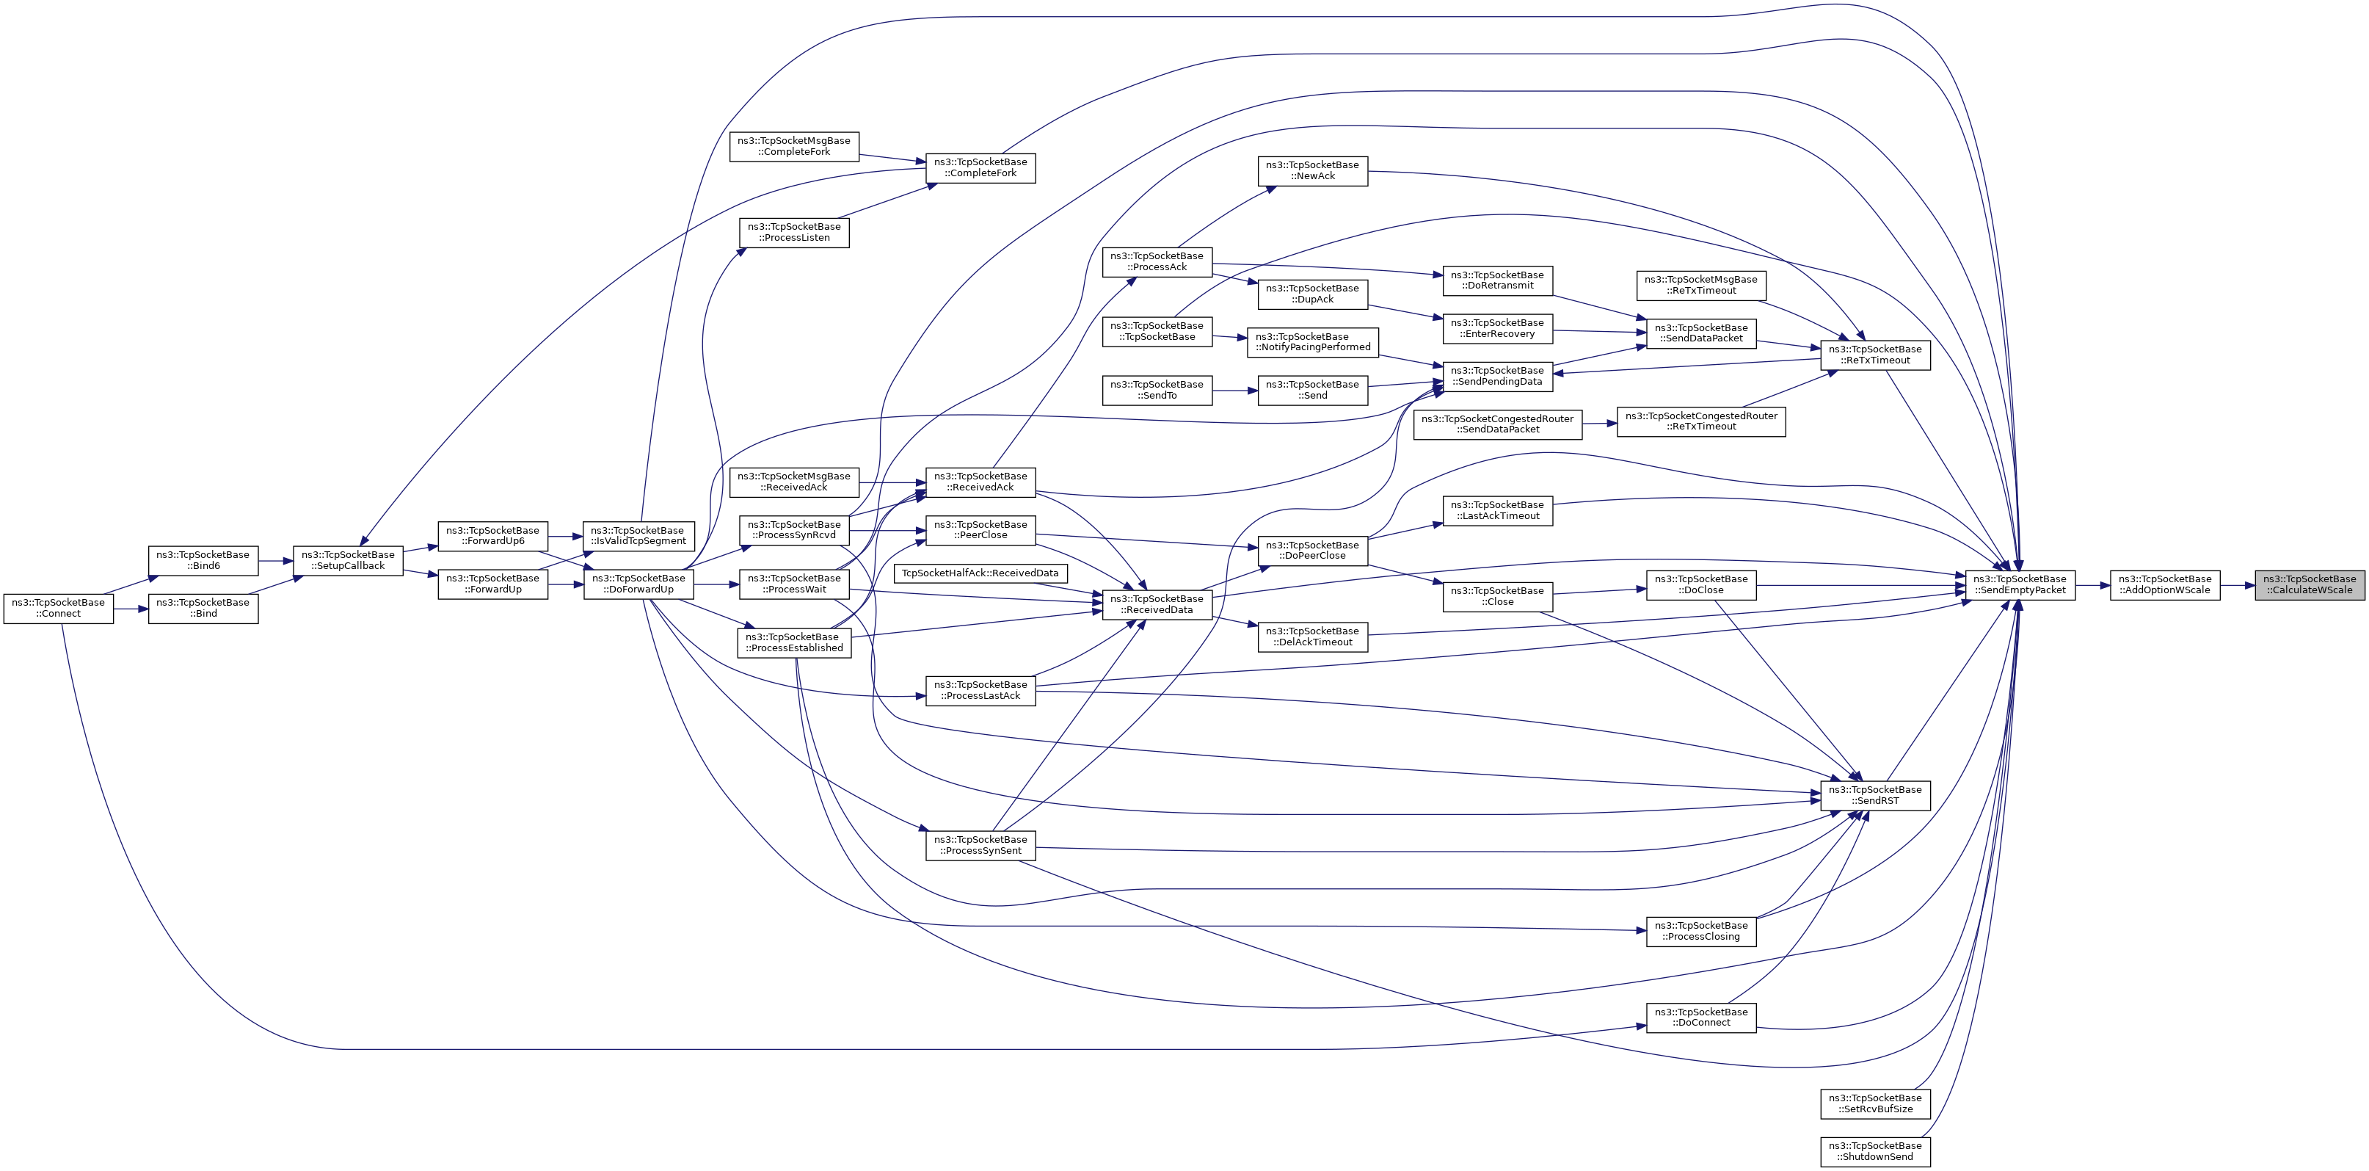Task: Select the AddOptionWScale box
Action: point(2164,585)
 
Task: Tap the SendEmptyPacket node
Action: point(2020,585)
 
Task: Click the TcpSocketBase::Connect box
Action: point(58,609)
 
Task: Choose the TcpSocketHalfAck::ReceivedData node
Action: point(980,574)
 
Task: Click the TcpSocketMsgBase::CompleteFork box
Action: point(793,146)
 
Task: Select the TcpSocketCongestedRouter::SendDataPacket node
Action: point(1497,424)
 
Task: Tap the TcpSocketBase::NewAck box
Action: point(1312,171)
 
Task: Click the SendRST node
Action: point(1874,796)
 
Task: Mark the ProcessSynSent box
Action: point(980,845)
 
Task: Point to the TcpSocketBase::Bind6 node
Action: point(203,561)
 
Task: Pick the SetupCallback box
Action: point(348,561)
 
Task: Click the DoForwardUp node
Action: point(638,584)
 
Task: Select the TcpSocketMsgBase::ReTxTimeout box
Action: point(1700,285)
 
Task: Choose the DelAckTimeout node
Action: point(1312,637)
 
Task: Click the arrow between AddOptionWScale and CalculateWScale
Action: point(2237,585)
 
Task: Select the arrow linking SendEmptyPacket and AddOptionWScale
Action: point(2092,585)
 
